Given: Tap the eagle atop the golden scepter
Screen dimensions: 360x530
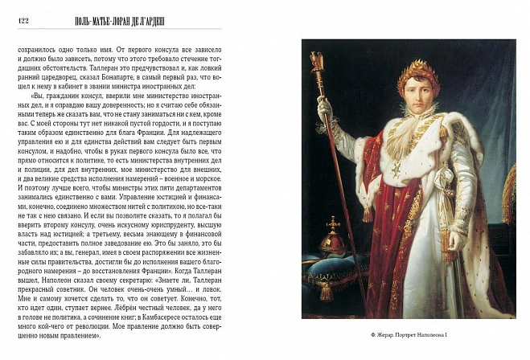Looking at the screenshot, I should click(x=317, y=60).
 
